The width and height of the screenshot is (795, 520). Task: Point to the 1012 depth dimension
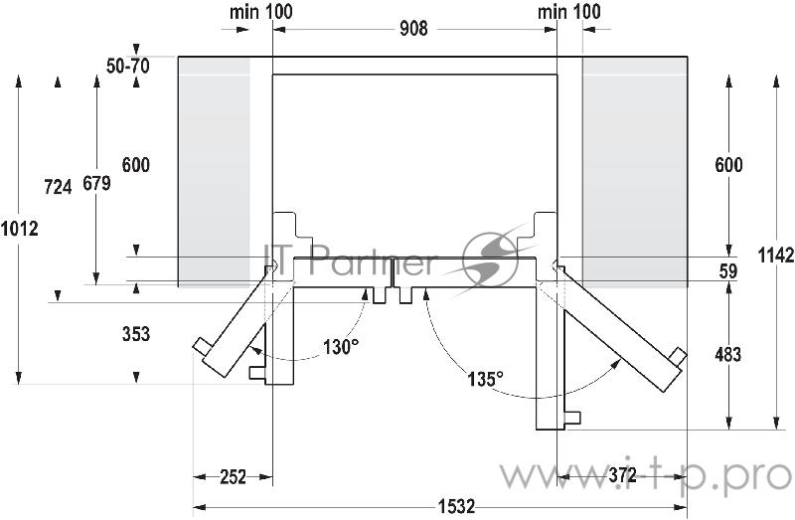coord(20,229)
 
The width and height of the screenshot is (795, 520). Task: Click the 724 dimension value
coord(59,186)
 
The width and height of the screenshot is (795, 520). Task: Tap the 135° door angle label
coord(486,378)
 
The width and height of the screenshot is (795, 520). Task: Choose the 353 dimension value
coord(135,334)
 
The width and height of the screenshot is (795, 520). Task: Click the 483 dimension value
coord(727,354)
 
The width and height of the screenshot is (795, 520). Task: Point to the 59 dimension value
coord(728,269)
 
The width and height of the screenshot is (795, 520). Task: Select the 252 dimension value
coord(232,477)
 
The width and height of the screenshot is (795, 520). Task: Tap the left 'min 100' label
coord(261,12)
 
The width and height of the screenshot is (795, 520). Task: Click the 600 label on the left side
coord(135,165)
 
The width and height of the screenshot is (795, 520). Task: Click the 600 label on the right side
coord(727,165)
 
